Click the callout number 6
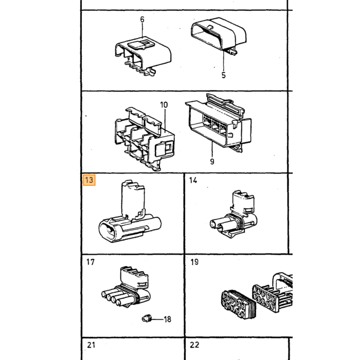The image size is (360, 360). [x=142, y=20]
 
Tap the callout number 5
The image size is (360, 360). [x=224, y=75]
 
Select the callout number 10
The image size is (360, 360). [x=164, y=105]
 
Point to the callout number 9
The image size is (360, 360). [x=212, y=161]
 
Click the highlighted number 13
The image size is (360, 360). [x=89, y=180]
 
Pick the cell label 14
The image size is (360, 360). [x=193, y=181]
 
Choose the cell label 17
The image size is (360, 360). [x=91, y=262]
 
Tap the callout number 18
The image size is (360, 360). [x=167, y=319]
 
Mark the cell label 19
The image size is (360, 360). [x=194, y=262]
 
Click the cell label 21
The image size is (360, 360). [x=91, y=345]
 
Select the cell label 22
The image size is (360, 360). [x=194, y=345]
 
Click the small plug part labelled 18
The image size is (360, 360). [x=147, y=318]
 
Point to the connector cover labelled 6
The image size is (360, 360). [x=143, y=56]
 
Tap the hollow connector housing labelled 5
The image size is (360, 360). [x=218, y=35]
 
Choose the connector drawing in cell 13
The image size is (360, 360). [x=130, y=212]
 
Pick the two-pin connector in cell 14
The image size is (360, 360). [x=233, y=214]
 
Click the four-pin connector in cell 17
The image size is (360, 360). [x=126, y=287]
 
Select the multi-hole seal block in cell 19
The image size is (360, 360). [x=238, y=304]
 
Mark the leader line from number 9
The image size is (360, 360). [x=212, y=150]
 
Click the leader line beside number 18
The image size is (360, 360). [x=157, y=319]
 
